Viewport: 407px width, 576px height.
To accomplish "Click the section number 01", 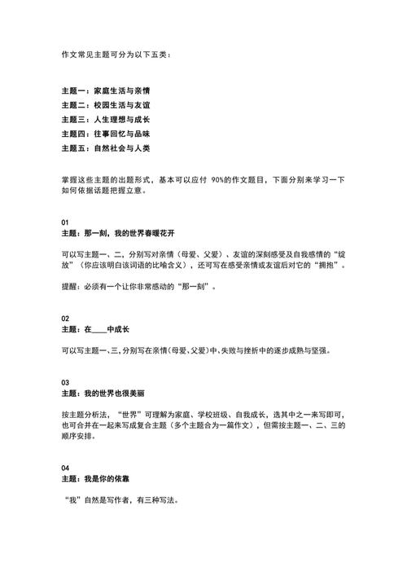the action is (65, 222).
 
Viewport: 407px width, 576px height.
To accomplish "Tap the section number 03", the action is (65, 381).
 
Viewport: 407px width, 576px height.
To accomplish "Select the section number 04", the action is (65, 468).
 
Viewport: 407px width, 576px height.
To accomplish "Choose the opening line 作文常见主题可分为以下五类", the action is (116, 55).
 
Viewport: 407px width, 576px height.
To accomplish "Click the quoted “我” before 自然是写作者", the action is (71, 499).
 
